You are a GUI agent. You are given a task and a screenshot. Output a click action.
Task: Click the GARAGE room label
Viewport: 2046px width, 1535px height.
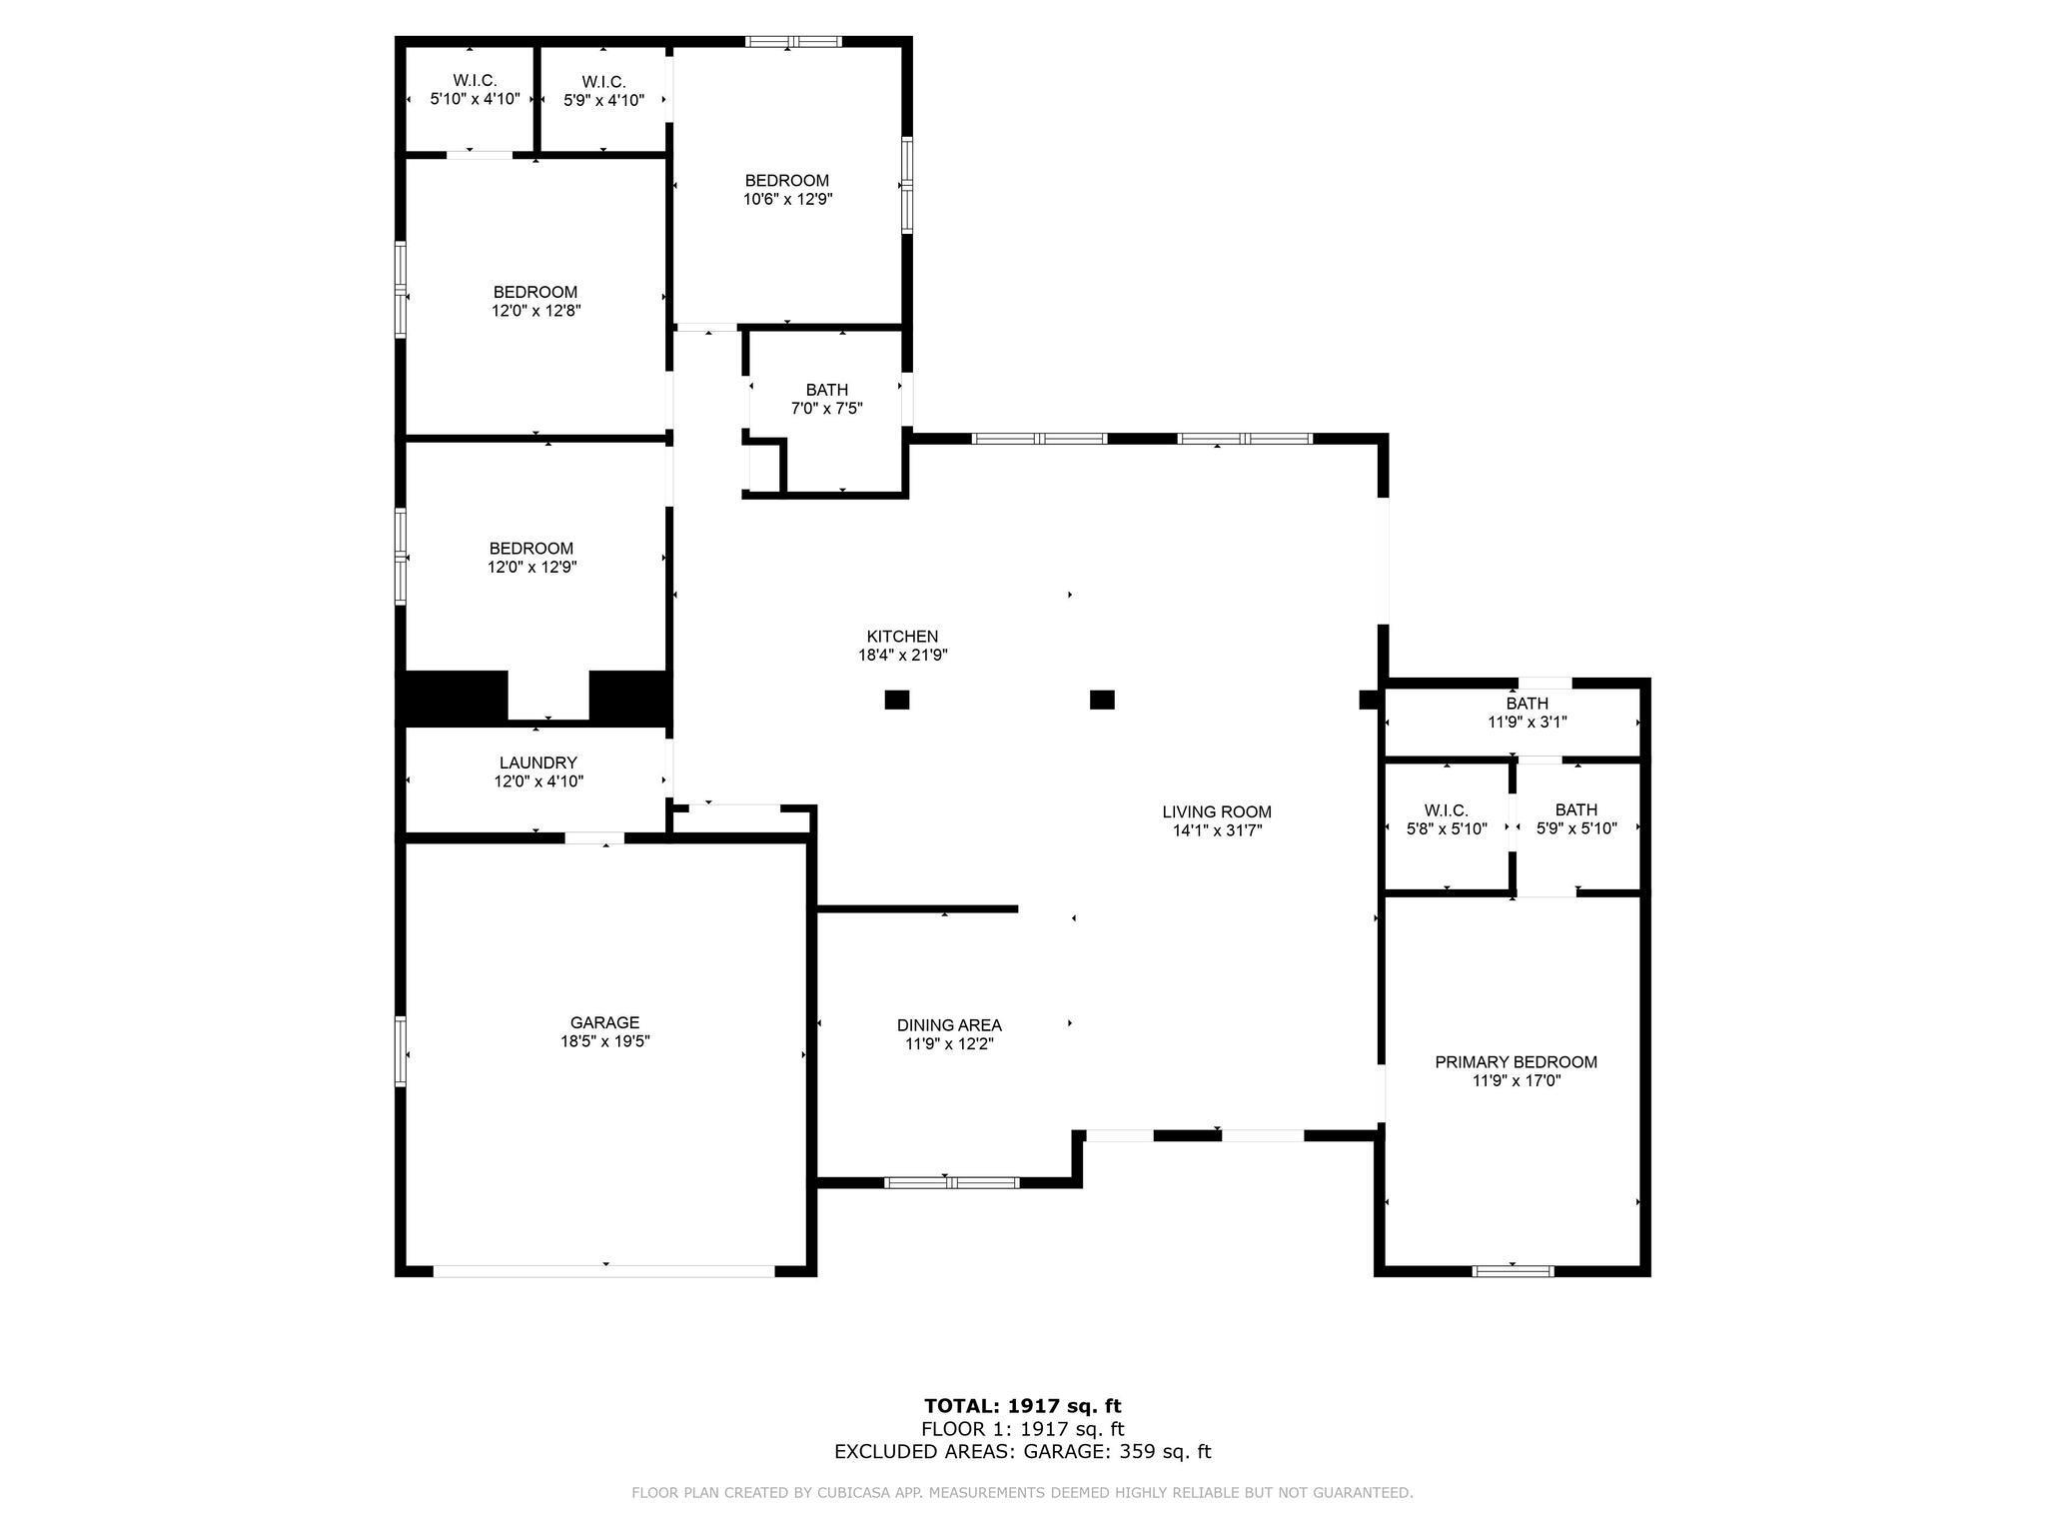click(604, 1022)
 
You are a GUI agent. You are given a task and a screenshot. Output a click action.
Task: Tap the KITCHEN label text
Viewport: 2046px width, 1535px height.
click(902, 637)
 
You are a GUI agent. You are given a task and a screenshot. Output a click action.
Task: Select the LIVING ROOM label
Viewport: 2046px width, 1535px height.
click(1217, 812)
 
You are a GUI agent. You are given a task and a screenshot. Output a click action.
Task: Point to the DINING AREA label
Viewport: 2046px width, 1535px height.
click(949, 1025)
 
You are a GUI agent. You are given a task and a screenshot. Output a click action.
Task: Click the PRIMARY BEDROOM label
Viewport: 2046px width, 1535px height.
click(1516, 1062)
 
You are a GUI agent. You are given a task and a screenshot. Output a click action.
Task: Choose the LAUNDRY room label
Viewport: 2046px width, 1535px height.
click(538, 764)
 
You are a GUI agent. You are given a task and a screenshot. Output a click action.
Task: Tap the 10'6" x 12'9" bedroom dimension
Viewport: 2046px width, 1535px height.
click(787, 199)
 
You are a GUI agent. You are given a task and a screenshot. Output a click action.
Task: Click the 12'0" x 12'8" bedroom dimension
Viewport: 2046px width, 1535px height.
click(535, 311)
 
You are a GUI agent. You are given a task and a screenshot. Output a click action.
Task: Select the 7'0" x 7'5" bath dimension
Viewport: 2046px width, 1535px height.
click(826, 408)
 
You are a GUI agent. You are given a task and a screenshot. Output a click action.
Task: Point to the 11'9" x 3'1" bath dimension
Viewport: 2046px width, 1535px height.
click(1527, 722)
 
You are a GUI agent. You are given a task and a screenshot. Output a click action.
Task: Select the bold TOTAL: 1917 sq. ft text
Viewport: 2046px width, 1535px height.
click(1022, 1406)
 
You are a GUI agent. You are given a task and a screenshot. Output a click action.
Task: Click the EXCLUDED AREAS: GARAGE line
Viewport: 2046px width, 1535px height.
click(1022, 1452)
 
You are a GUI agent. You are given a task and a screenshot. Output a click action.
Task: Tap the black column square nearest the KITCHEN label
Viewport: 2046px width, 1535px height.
click(897, 700)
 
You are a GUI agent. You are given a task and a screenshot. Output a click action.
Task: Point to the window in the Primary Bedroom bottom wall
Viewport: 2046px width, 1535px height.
click(1513, 1271)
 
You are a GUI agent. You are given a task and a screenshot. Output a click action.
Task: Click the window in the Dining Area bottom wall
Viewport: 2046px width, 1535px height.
click(952, 1183)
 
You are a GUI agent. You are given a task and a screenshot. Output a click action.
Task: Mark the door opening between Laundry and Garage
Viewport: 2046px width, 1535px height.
click(594, 838)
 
